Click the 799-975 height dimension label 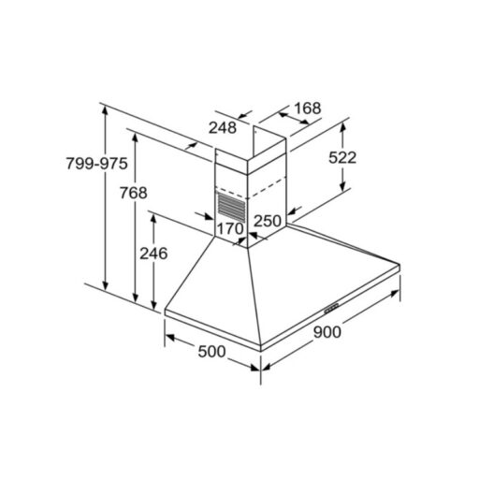[x=96, y=164]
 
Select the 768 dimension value [x=134, y=193]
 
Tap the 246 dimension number [x=153, y=254]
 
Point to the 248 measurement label [x=223, y=127]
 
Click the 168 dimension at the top [x=308, y=109]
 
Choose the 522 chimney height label [x=342, y=157]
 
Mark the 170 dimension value [x=230, y=229]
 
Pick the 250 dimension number [x=268, y=221]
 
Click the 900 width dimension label [x=327, y=332]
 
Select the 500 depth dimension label [x=211, y=352]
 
